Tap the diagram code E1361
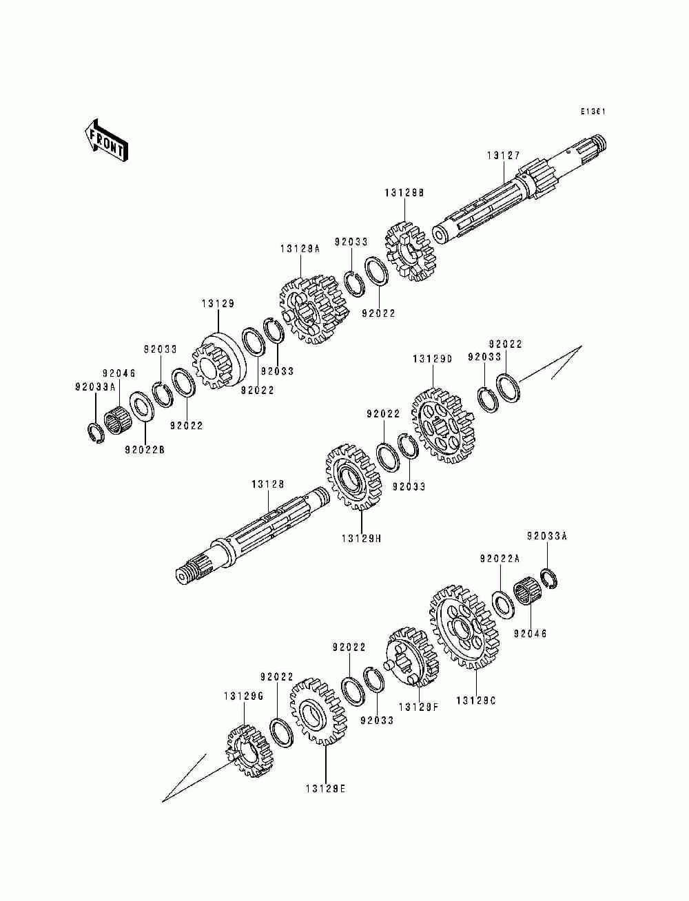click(x=593, y=111)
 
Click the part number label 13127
click(x=504, y=156)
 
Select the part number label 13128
click(x=267, y=485)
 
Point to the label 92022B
click(x=145, y=450)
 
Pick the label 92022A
click(x=500, y=560)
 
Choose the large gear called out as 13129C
click(x=463, y=625)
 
